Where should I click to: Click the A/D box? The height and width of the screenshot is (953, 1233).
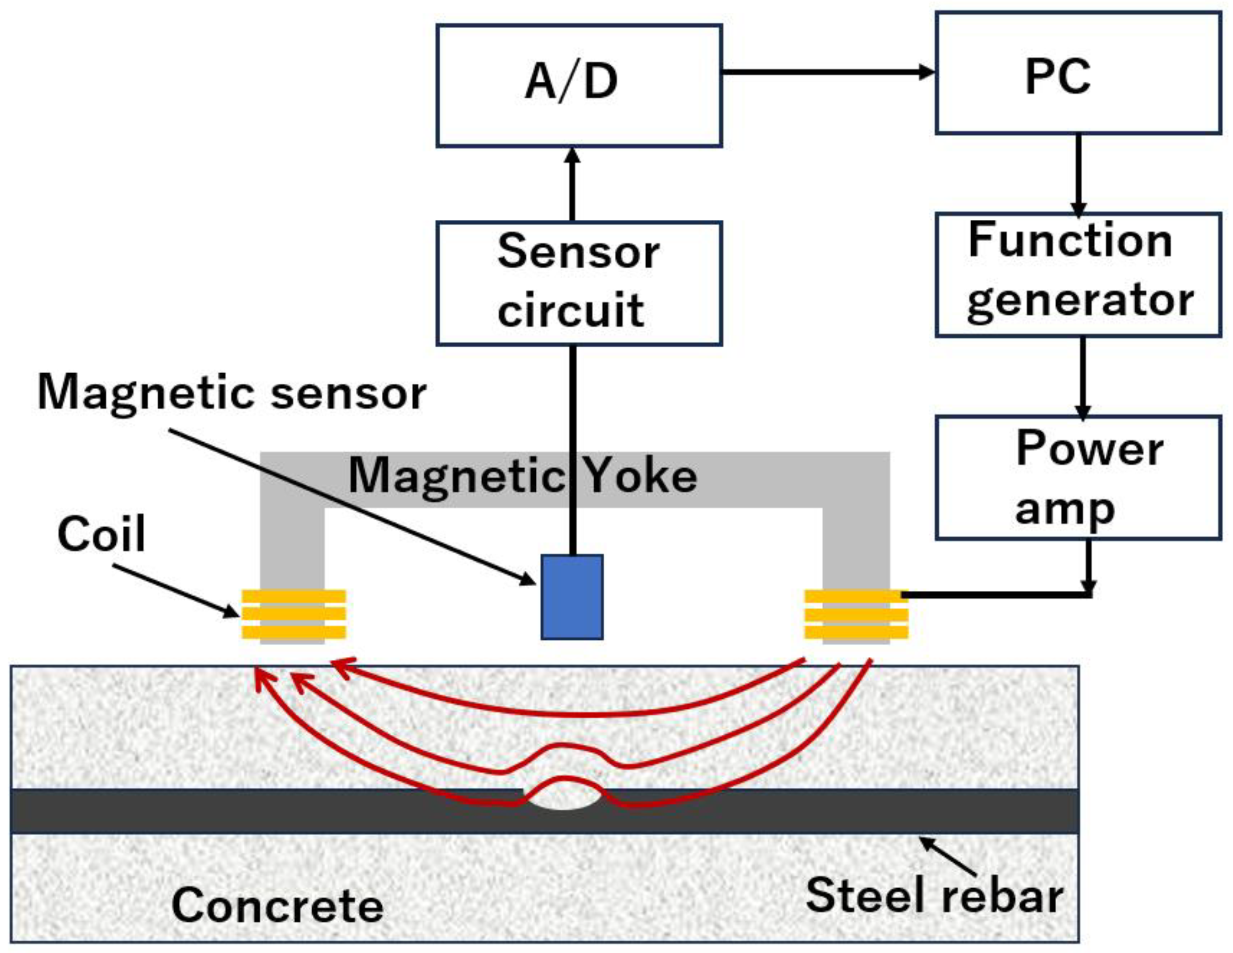click(579, 86)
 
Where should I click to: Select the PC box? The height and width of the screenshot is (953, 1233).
click(1078, 73)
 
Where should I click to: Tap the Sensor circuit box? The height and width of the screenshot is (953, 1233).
click(579, 283)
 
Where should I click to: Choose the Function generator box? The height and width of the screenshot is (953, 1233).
click(1078, 275)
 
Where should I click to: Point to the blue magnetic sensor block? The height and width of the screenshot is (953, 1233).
click(572, 597)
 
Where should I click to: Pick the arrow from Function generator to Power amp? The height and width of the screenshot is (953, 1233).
click(1082, 376)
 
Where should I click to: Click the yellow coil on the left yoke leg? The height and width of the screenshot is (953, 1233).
click(294, 614)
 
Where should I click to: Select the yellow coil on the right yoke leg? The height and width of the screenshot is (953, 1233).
click(856, 614)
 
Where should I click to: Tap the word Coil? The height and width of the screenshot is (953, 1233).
click(101, 534)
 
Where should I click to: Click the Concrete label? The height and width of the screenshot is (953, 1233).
click(277, 905)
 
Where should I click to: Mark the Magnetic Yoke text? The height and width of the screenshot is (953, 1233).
click(522, 476)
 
